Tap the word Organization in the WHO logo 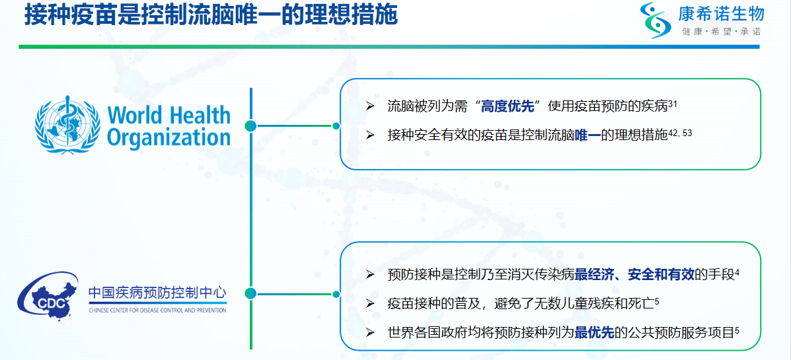click(x=169, y=136)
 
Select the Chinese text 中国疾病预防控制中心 click(x=158, y=293)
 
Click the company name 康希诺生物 click(x=720, y=14)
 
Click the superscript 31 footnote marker click(x=673, y=103)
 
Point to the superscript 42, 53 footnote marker click(x=680, y=133)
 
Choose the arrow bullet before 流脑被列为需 click(x=370, y=106)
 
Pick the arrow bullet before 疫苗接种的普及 click(x=370, y=304)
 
